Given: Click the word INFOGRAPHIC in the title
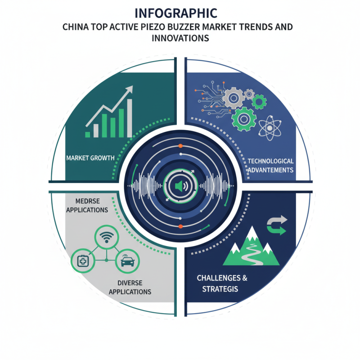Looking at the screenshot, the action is (x=175, y=13).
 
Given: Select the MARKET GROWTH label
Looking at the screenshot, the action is (x=90, y=158).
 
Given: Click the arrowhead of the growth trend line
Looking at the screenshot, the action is (x=130, y=89).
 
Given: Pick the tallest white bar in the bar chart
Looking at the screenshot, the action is (x=130, y=118).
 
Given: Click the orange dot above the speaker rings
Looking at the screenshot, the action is (x=180, y=146).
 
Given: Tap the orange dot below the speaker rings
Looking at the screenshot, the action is (x=180, y=226).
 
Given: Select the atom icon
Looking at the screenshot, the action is (x=270, y=128).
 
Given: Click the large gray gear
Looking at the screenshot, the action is (x=234, y=98).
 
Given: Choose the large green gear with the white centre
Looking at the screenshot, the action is (x=243, y=119).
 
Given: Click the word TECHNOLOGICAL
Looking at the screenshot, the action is (x=270, y=161).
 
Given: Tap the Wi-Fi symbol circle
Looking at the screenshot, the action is (x=107, y=237).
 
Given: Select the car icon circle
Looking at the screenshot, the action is (x=127, y=261).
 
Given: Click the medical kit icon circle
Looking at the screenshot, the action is (x=83, y=261).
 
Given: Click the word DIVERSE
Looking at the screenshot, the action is (x=130, y=283).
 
